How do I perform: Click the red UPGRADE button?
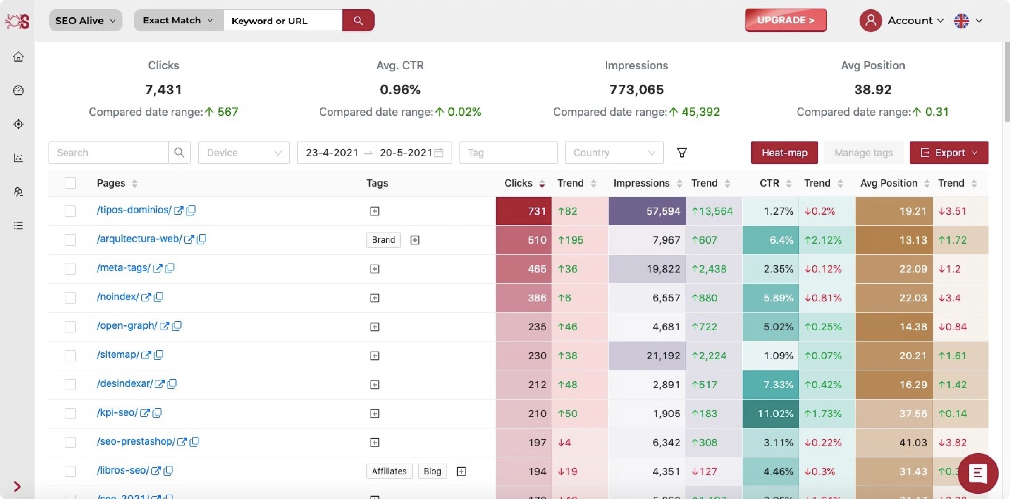(785, 21)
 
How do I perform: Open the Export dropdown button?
(948, 153)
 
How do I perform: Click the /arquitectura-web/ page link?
(139, 239)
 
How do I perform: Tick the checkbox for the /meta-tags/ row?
(70, 269)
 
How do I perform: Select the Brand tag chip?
(383, 240)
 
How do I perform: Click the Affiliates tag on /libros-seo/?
(389, 471)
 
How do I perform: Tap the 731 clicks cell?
(524, 211)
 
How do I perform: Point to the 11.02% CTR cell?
(770, 414)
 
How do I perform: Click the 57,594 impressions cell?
(647, 211)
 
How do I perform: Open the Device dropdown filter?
(244, 153)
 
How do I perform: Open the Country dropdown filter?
(614, 153)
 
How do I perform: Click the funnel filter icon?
(682, 153)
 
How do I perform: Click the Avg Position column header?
(888, 183)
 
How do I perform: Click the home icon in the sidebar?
(19, 57)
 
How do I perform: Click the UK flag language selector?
(961, 21)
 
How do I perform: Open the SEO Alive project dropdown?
(85, 21)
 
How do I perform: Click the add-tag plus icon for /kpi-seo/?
(374, 414)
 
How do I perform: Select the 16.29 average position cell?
(894, 385)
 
